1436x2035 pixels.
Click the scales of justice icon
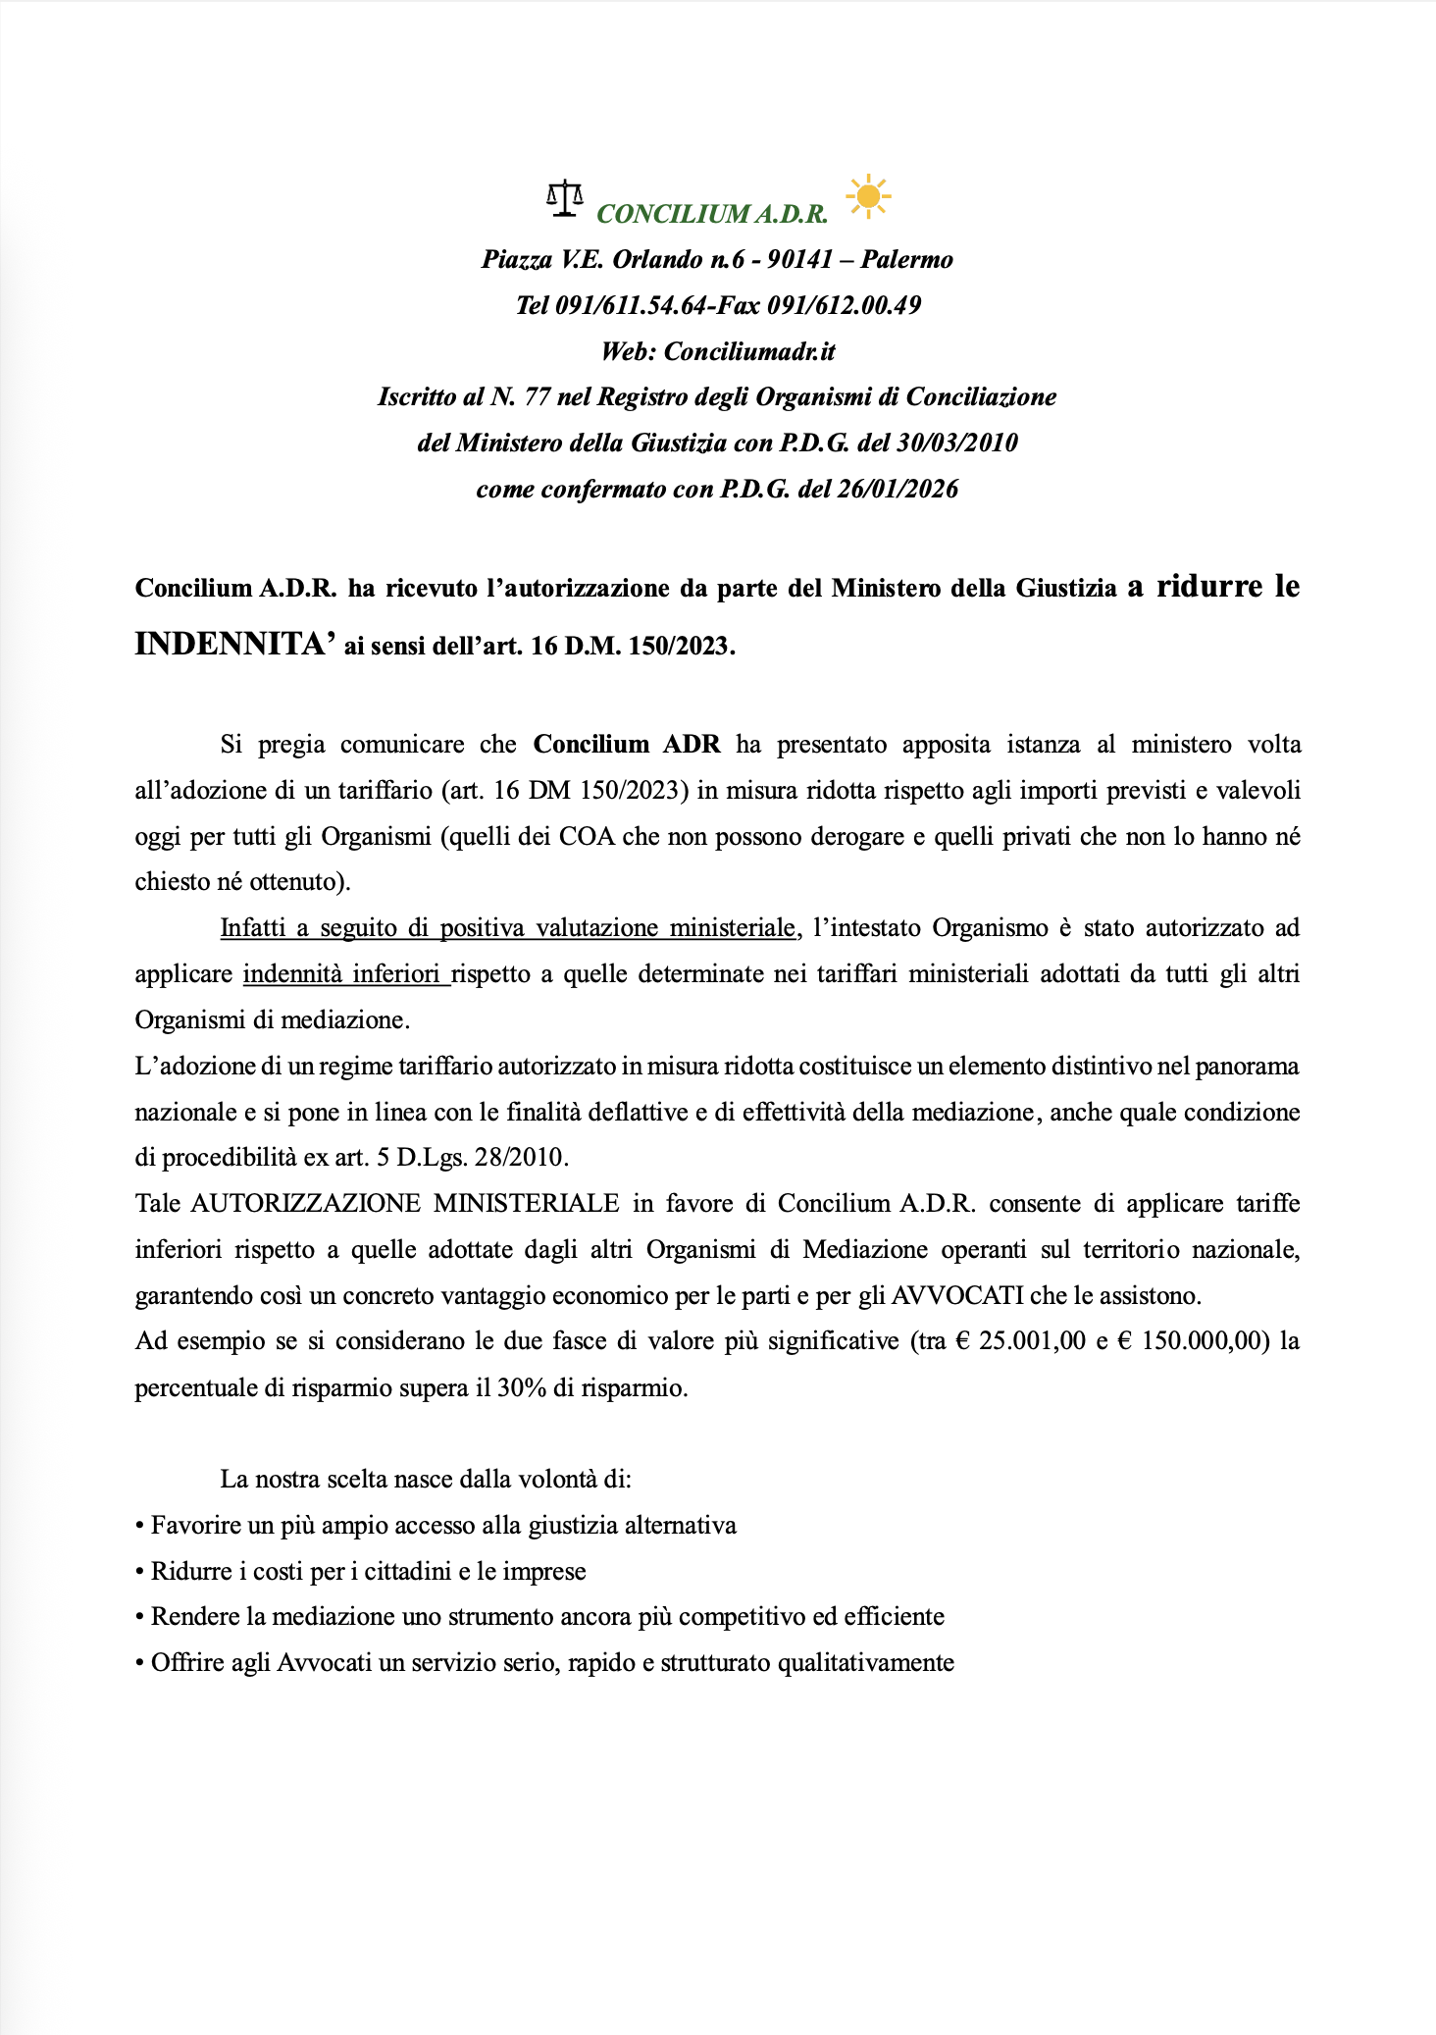(x=564, y=198)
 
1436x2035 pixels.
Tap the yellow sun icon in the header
(x=867, y=196)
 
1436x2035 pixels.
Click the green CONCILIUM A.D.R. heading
(x=712, y=214)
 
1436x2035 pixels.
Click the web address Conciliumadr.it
(x=749, y=351)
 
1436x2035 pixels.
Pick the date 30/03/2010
(x=956, y=444)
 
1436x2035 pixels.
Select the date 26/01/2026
(x=897, y=490)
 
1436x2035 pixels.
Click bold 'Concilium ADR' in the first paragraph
(x=627, y=745)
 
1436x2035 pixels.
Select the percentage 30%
(x=523, y=1389)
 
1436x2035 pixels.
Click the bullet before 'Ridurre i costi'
(x=140, y=1572)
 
